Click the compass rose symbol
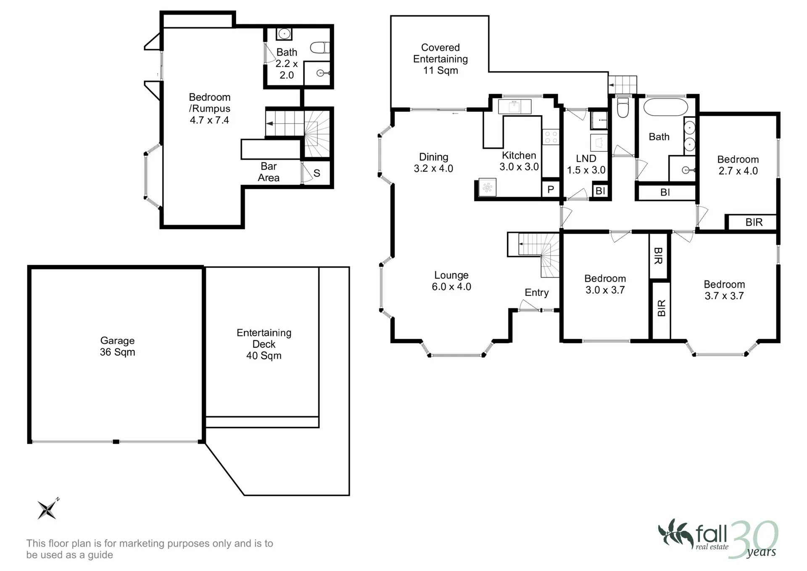[x=47, y=509]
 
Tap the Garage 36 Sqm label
[x=117, y=346]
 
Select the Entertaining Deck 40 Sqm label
[x=264, y=344]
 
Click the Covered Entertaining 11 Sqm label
[x=440, y=59]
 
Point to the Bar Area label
[x=269, y=172]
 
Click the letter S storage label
[x=317, y=173]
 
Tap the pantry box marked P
[x=551, y=189]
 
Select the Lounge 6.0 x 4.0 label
[x=451, y=281]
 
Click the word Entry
[x=537, y=293]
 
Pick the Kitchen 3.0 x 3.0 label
[x=519, y=161]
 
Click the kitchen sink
[x=514, y=106]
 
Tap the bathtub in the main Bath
[x=666, y=107]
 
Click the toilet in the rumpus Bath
[x=320, y=48]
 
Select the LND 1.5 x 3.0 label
[x=586, y=164]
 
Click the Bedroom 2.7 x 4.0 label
[x=738, y=165]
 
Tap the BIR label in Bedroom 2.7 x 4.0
[x=754, y=222]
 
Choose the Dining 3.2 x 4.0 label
[x=433, y=163]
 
